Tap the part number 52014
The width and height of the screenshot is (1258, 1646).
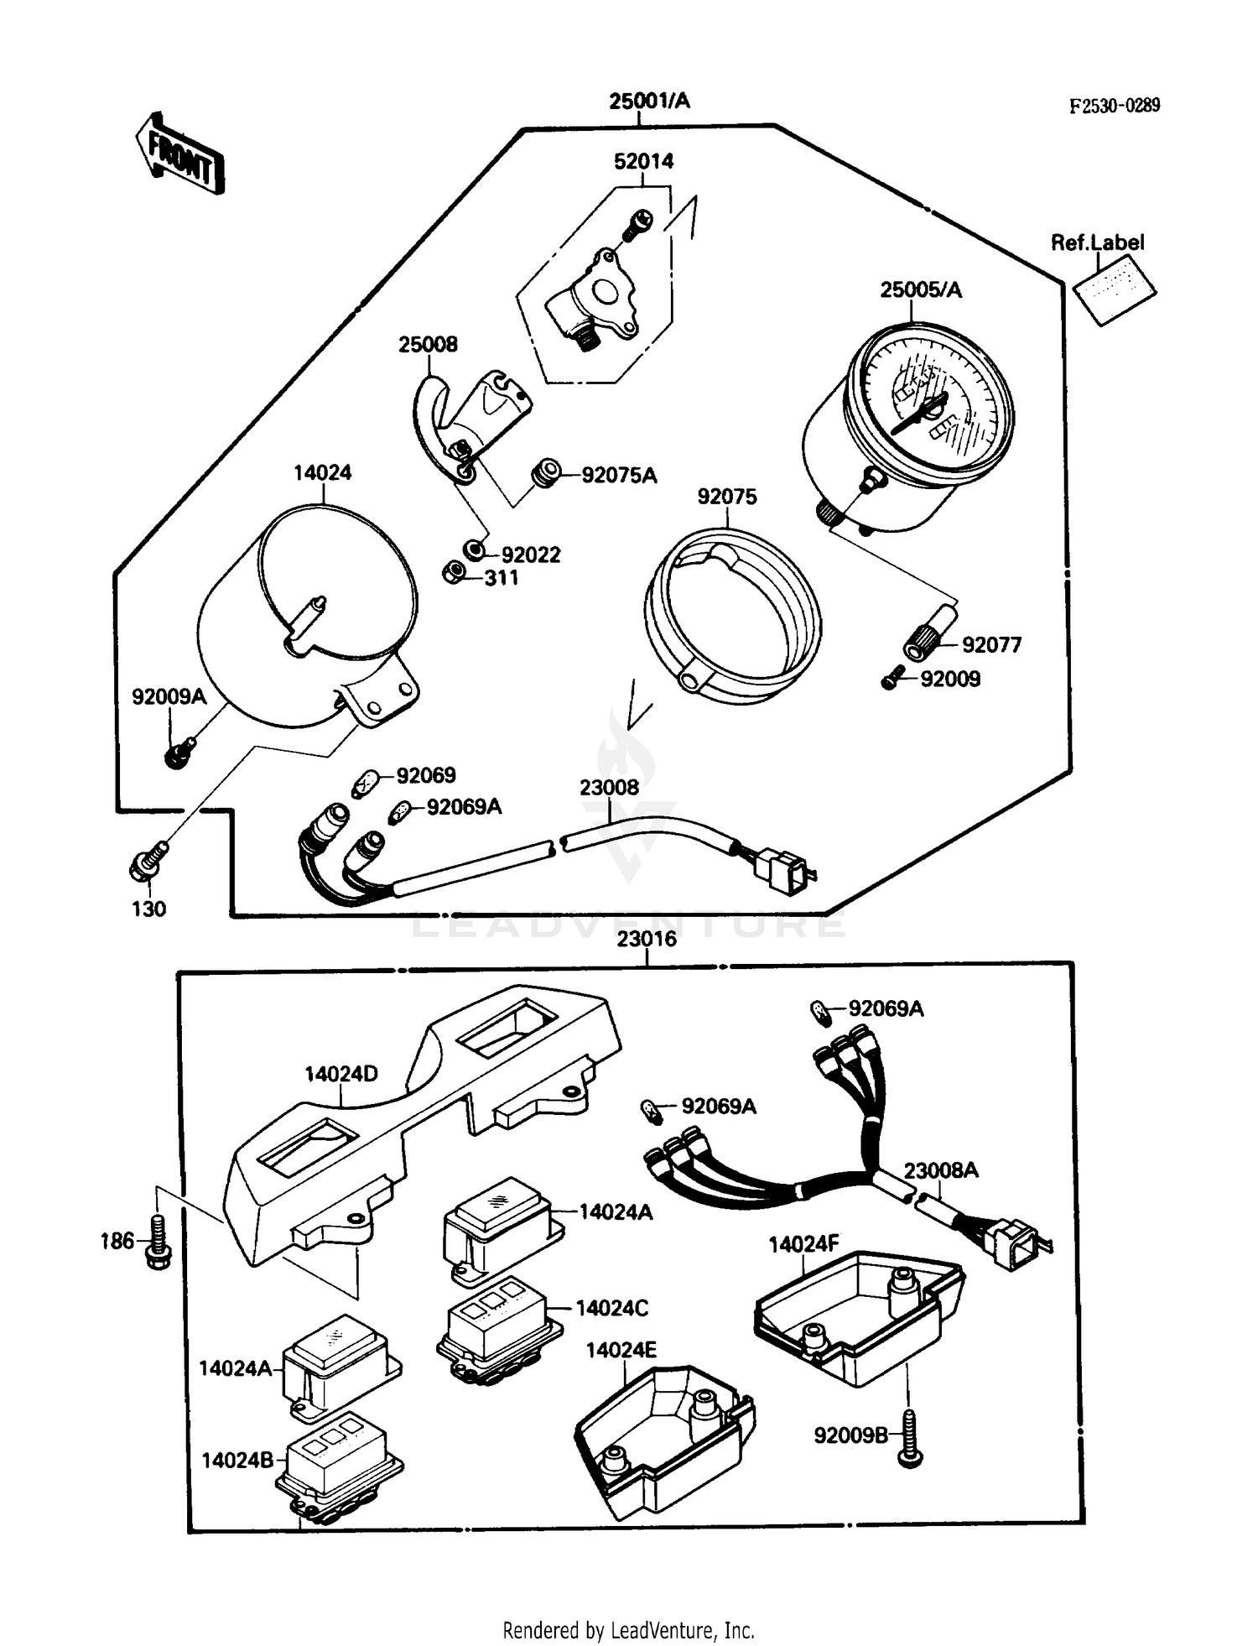(x=643, y=161)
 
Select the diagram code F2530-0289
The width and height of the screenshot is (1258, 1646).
(x=1115, y=106)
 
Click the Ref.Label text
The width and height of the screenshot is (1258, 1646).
(x=1097, y=242)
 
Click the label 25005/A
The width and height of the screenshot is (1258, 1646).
(x=920, y=290)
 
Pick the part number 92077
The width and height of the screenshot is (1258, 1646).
(x=991, y=645)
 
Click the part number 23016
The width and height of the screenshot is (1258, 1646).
(x=646, y=939)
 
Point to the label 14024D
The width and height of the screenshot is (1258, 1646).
(x=340, y=1074)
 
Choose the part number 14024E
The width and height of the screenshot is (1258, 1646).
(x=621, y=1350)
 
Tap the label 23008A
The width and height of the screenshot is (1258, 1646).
(x=940, y=1170)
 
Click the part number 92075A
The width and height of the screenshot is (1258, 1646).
(x=619, y=476)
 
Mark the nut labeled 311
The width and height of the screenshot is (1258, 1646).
(x=454, y=574)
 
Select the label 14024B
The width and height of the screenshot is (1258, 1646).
(x=237, y=1461)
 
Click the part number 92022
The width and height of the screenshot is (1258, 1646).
(x=530, y=555)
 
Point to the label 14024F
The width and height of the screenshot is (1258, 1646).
(x=803, y=1244)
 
